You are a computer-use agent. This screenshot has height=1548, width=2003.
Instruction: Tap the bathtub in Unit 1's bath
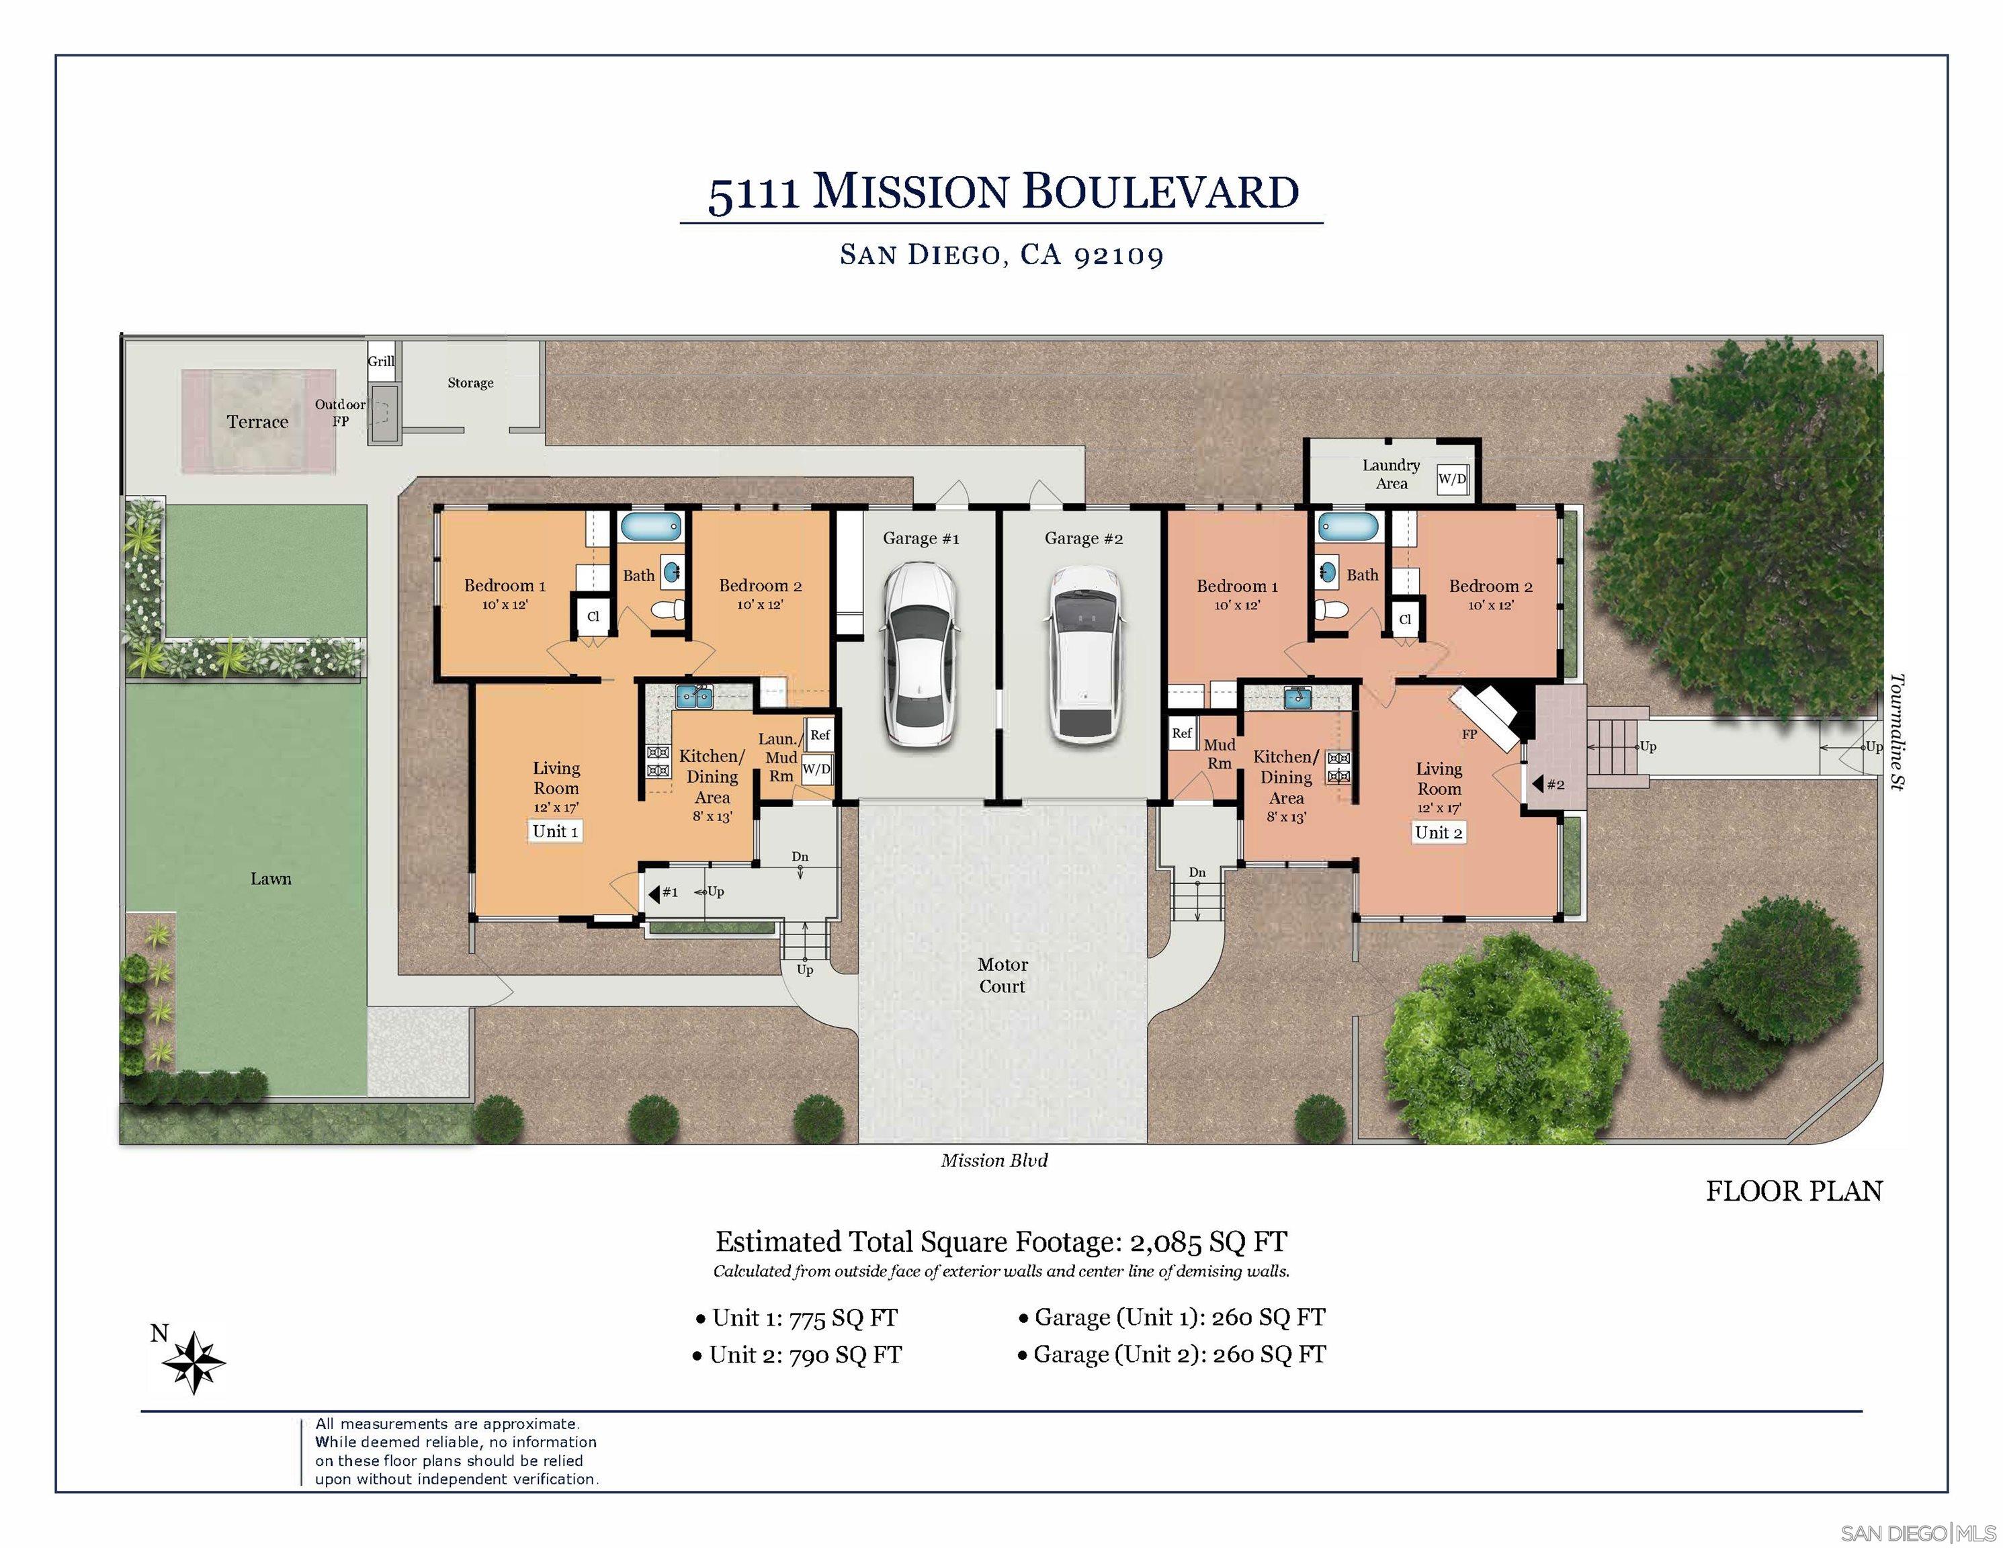pyautogui.click(x=652, y=527)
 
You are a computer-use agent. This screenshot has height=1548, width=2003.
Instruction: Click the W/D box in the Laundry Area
pyautogui.click(x=1452, y=478)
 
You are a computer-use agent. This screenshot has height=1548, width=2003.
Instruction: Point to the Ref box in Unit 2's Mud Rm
pyautogui.click(x=1182, y=733)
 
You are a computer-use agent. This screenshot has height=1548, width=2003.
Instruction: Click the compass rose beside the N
pyautogui.click(x=194, y=1362)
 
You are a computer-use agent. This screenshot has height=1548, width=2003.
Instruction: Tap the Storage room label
pyautogui.click(x=470, y=382)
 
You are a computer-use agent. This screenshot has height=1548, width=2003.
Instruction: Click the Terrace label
pyautogui.click(x=258, y=422)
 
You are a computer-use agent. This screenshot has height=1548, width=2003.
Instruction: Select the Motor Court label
pyautogui.click(x=1003, y=975)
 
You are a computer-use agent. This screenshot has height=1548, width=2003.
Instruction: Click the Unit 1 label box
pyautogui.click(x=555, y=831)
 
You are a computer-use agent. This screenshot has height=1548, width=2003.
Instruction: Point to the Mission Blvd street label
pyautogui.click(x=994, y=1160)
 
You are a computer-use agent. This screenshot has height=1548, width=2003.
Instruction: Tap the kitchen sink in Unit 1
pyautogui.click(x=694, y=697)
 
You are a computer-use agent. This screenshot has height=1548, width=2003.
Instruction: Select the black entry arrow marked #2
pyautogui.click(x=1537, y=784)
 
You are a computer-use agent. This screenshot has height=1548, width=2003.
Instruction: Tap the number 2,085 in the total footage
pyautogui.click(x=1164, y=1242)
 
